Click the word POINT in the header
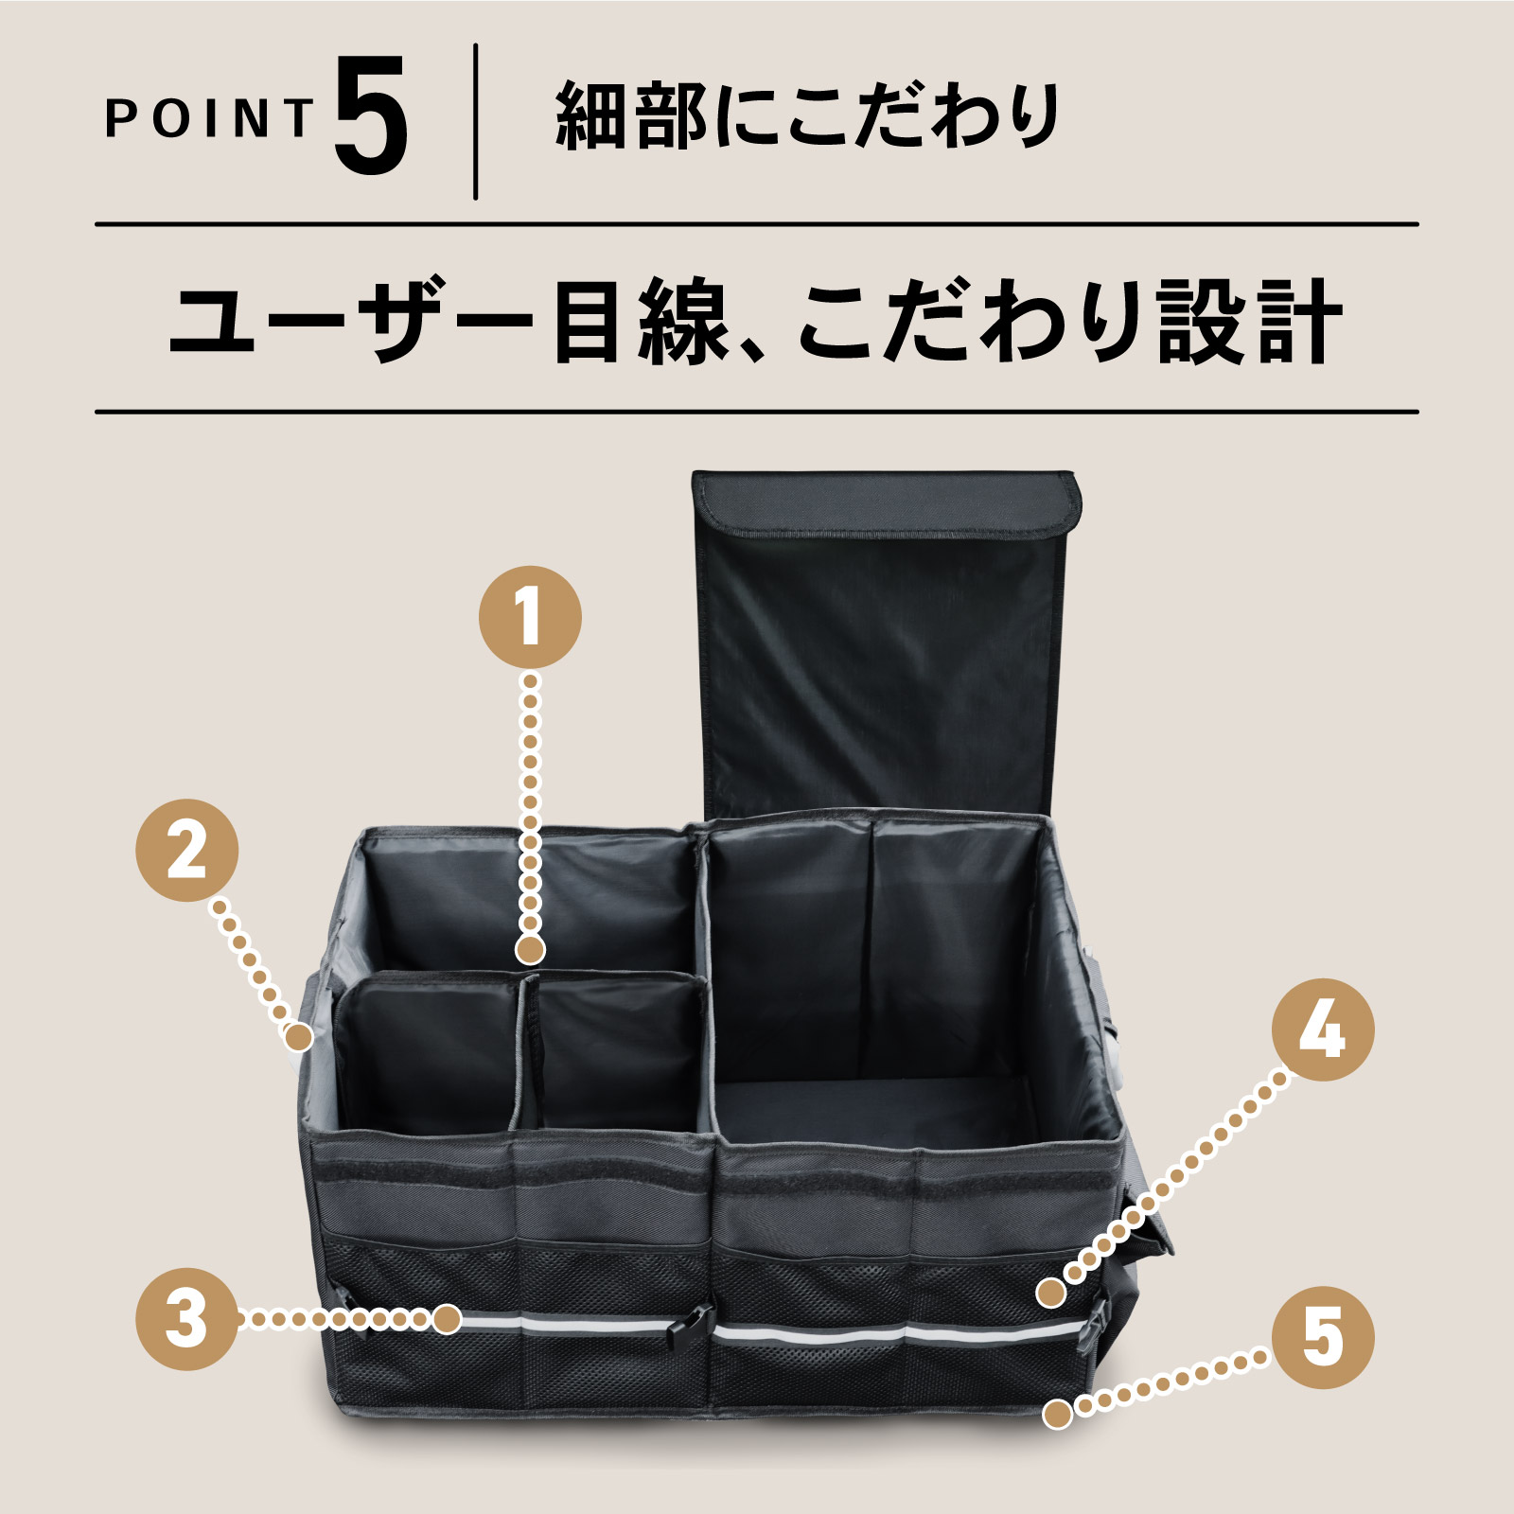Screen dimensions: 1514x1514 (x=209, y=118)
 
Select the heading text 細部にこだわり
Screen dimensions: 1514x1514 (x=807, y=116)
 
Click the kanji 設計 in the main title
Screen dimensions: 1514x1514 (x=1249, y=322)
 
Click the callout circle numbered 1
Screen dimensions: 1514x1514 (x=530, y=617)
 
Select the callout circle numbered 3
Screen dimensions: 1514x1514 (x=187, y=1318)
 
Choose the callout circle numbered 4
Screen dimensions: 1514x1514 (x=1323, y=1030)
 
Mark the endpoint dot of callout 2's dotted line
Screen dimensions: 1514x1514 (x=299, y=1037)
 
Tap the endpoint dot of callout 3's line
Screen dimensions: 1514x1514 (x=448, y=1318)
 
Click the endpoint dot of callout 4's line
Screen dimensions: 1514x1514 (x=1050, y=1293)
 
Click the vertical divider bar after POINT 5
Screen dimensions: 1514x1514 (x=475, y=121)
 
